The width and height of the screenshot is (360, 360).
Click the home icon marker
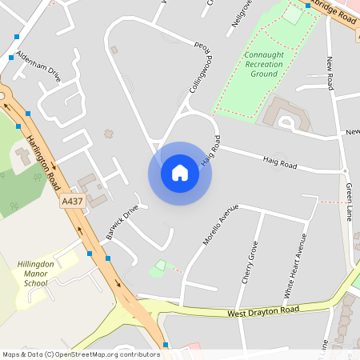click(x=179, y=173)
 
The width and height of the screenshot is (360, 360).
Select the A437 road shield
click(x=72, y=203)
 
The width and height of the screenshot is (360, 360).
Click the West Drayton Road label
click(x=263, y=310)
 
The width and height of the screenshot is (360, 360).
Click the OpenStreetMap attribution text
click(x=80, y=354)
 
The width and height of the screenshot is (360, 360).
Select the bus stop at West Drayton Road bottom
click(x=166, y=345)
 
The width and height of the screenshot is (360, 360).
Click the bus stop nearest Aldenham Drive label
click(x=11, y=58)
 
